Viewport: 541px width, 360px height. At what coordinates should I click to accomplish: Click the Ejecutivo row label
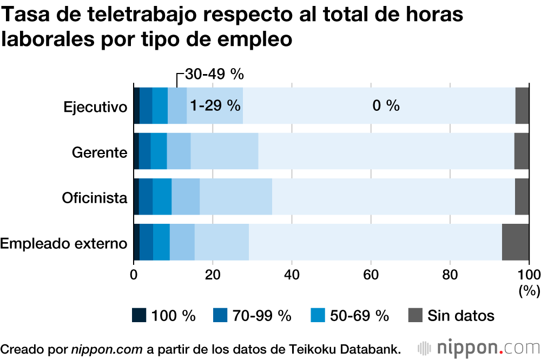coord(95,106)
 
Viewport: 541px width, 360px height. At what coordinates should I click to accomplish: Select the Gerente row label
coord(100,152)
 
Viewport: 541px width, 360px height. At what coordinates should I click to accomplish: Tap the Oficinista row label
coord(95,197)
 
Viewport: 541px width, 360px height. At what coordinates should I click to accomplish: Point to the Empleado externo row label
coord(64,243)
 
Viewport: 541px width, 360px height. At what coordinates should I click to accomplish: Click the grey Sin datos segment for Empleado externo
coord(515,242)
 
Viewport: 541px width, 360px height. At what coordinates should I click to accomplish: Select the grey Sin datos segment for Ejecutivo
coord(522,105)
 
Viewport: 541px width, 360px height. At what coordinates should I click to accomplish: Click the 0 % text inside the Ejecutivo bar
coord(386,106)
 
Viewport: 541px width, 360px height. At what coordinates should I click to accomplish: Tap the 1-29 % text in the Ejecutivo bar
coord(215,106)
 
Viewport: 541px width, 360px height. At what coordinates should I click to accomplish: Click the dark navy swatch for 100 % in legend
coord(139,315)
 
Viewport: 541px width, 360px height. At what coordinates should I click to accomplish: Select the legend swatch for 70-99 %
coord(219,315)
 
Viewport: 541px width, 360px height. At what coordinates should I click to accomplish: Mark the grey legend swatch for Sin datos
coord(414,315)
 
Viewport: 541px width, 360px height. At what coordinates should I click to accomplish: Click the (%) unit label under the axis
coord(529,291)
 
